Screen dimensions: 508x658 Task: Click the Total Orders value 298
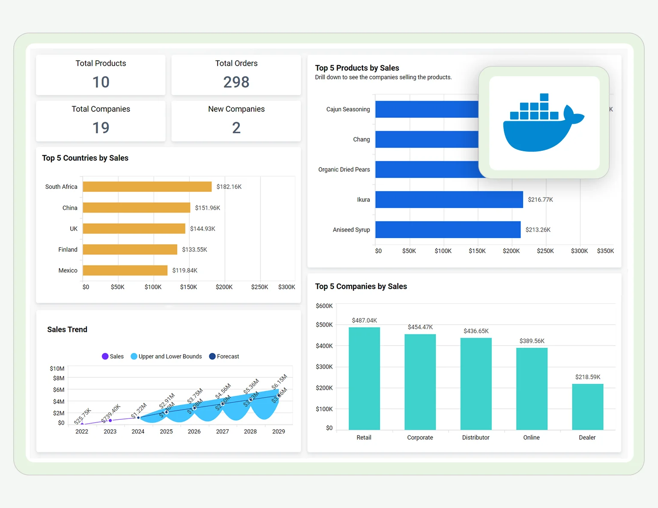coord(236,82)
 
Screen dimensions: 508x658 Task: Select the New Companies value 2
coord(236,128)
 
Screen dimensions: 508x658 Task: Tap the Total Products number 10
coord(101,82)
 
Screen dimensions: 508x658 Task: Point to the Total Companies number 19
coord(101,128)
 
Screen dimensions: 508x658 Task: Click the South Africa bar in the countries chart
coord(147,187)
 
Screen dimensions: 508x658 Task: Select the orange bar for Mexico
coord(125,270)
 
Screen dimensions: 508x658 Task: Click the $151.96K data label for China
coord(207,208)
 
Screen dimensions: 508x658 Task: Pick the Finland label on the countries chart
coord(68,250)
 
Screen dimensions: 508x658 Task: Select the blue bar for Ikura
coord(449,200)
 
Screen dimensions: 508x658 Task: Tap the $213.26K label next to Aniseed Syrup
coord(538,230)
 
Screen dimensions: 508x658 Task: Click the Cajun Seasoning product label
coord(348,109)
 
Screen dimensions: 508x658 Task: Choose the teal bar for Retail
coord(364,379)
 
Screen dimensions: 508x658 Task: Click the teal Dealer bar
coord(587,407)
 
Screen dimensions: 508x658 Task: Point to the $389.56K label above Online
coord(532,341)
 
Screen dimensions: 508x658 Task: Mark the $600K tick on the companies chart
coord(324,306)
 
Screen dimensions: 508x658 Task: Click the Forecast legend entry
coord(224,356)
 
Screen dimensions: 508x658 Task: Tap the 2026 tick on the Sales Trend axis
coord(194,431)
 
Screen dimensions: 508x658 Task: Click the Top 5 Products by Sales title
coord(357,68)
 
